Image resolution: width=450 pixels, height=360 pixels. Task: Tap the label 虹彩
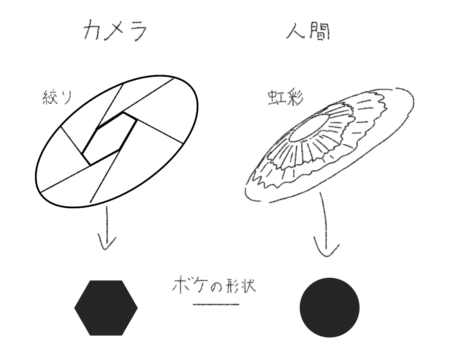point(280,99)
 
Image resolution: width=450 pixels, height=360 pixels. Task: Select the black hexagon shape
point(106,308)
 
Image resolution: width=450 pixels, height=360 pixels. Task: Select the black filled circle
point(330,308)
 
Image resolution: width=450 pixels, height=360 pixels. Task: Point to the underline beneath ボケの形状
point(216,305)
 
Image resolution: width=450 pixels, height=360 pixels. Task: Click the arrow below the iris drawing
point(326,229)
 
